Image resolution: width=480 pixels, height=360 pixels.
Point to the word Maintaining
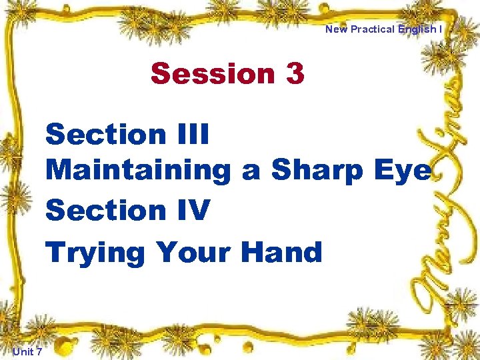138,171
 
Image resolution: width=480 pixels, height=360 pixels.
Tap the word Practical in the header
374,29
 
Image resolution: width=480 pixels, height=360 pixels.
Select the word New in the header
337,29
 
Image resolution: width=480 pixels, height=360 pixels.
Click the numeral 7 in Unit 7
39,351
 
